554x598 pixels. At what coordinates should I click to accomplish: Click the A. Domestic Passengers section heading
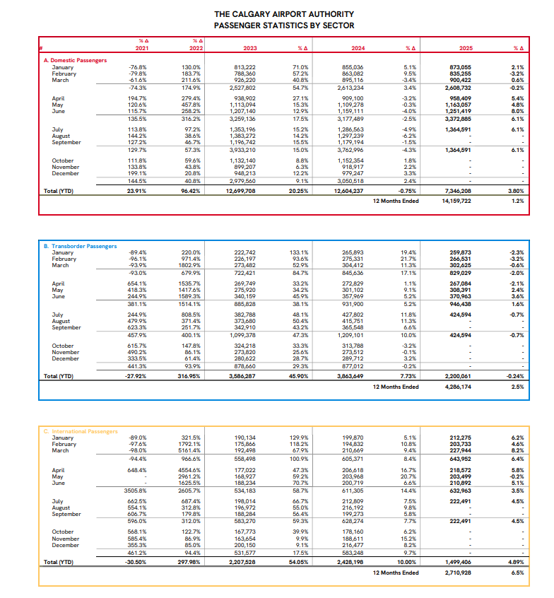[76, 60]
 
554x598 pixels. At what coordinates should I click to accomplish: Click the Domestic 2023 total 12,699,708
[243, 191]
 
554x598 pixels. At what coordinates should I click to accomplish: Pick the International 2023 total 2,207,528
[243, 562]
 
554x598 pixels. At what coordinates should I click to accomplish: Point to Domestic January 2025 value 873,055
[461, 66]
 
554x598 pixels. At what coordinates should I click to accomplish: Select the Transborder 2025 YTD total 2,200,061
[461, 377]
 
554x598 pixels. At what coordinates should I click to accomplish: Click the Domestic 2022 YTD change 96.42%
[191, 191]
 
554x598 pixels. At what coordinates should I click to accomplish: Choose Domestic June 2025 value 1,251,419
[460, 111]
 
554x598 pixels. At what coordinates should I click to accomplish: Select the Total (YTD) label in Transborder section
[59, 377]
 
